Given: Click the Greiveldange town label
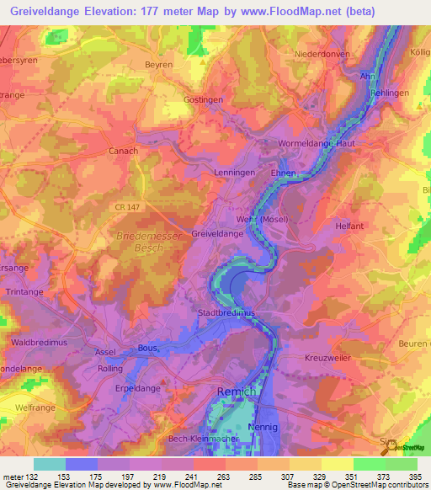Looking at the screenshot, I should [217, 233].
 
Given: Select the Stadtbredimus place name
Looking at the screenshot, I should [225, 313].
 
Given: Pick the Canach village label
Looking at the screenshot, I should [123, 151].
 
